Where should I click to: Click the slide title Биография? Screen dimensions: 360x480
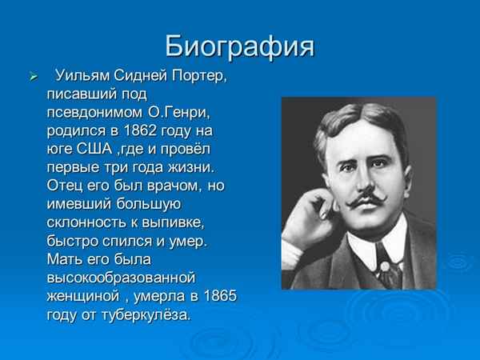(239, 46)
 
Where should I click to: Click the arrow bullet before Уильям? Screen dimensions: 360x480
(33, 78)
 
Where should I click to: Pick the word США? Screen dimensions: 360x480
(94, 148)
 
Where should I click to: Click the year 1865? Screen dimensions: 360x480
(220, 296)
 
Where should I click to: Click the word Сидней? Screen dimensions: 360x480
(144, 76)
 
